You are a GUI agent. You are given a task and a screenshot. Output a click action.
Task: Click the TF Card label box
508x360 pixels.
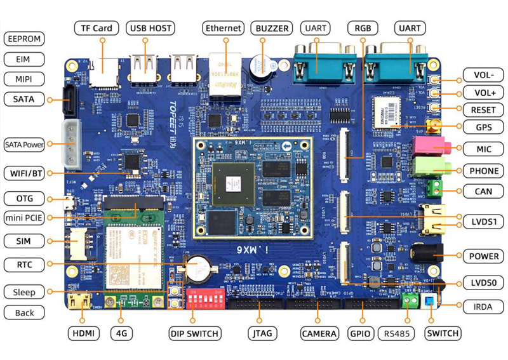(97, 29)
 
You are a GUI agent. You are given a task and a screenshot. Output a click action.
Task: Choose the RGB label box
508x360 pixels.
(363, 29)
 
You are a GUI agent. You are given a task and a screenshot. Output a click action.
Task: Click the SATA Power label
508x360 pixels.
(25, 144)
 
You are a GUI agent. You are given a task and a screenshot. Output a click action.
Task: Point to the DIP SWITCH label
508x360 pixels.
(195, 333)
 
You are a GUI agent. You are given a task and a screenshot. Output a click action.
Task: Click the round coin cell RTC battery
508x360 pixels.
(197, 269)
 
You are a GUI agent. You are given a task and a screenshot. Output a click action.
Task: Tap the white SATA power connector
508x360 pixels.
(71, 144)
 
